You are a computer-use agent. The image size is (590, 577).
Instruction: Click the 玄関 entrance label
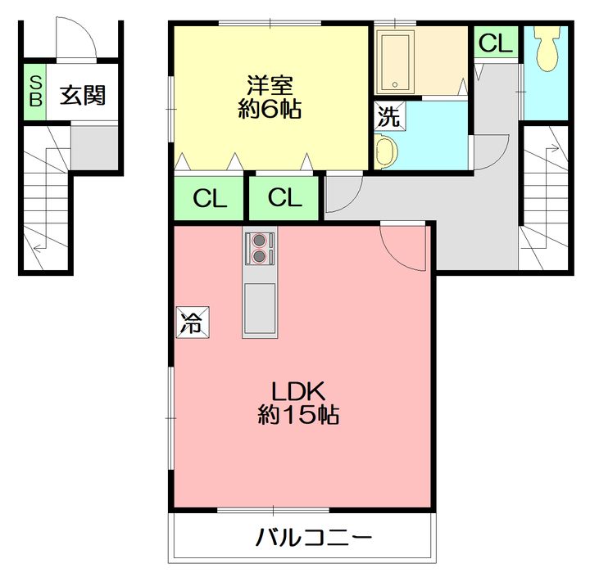tap(83, 96)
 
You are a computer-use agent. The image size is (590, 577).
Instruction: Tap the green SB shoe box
tap(35, 92)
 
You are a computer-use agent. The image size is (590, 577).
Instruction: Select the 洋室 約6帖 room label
tap(270, 97)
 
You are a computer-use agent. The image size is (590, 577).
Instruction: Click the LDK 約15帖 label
tap(298, 403)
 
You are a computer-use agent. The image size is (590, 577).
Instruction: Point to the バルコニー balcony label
tap(314, 537)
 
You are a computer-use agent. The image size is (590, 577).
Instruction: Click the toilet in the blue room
tap(547, 48)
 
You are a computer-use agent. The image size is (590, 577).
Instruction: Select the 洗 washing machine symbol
tap(389, 115)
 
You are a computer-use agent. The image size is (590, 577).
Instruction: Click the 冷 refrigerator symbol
tap(193, 322)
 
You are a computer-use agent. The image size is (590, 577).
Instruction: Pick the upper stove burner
tap(259, 240)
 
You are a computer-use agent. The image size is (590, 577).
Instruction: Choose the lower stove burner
tap(259, 256)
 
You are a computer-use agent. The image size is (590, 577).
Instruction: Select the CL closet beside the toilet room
tap(496, 42)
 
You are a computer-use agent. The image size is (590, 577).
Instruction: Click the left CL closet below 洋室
tap(209, 198)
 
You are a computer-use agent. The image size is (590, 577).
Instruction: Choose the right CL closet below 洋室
tap(284, 198)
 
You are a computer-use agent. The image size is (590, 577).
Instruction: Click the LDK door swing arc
tap(395, 257)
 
